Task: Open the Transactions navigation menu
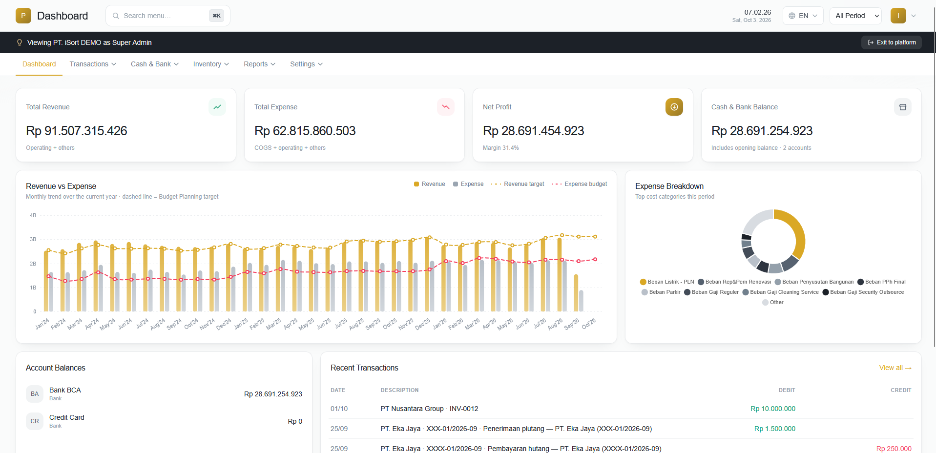coord(93,64)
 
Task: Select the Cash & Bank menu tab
coord(155,64)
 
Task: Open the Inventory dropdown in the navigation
coord(211,64)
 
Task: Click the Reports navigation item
coord(260,64)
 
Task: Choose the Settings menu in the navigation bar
coord(306,64)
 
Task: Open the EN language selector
coord(803,16)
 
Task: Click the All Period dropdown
coord(855,16)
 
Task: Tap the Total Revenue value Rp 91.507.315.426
coord(77,131)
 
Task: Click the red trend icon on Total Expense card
coord(445,107)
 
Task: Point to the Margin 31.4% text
coord(500,148)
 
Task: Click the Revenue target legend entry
coord(518,184)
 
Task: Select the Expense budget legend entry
coord(579,184)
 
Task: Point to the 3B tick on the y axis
coord(33,239)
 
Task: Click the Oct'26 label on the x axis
coord(589,324)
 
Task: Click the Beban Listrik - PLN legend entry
coord(667,282)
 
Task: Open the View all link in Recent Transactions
coord(895,368)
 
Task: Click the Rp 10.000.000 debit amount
coord(773,409)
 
